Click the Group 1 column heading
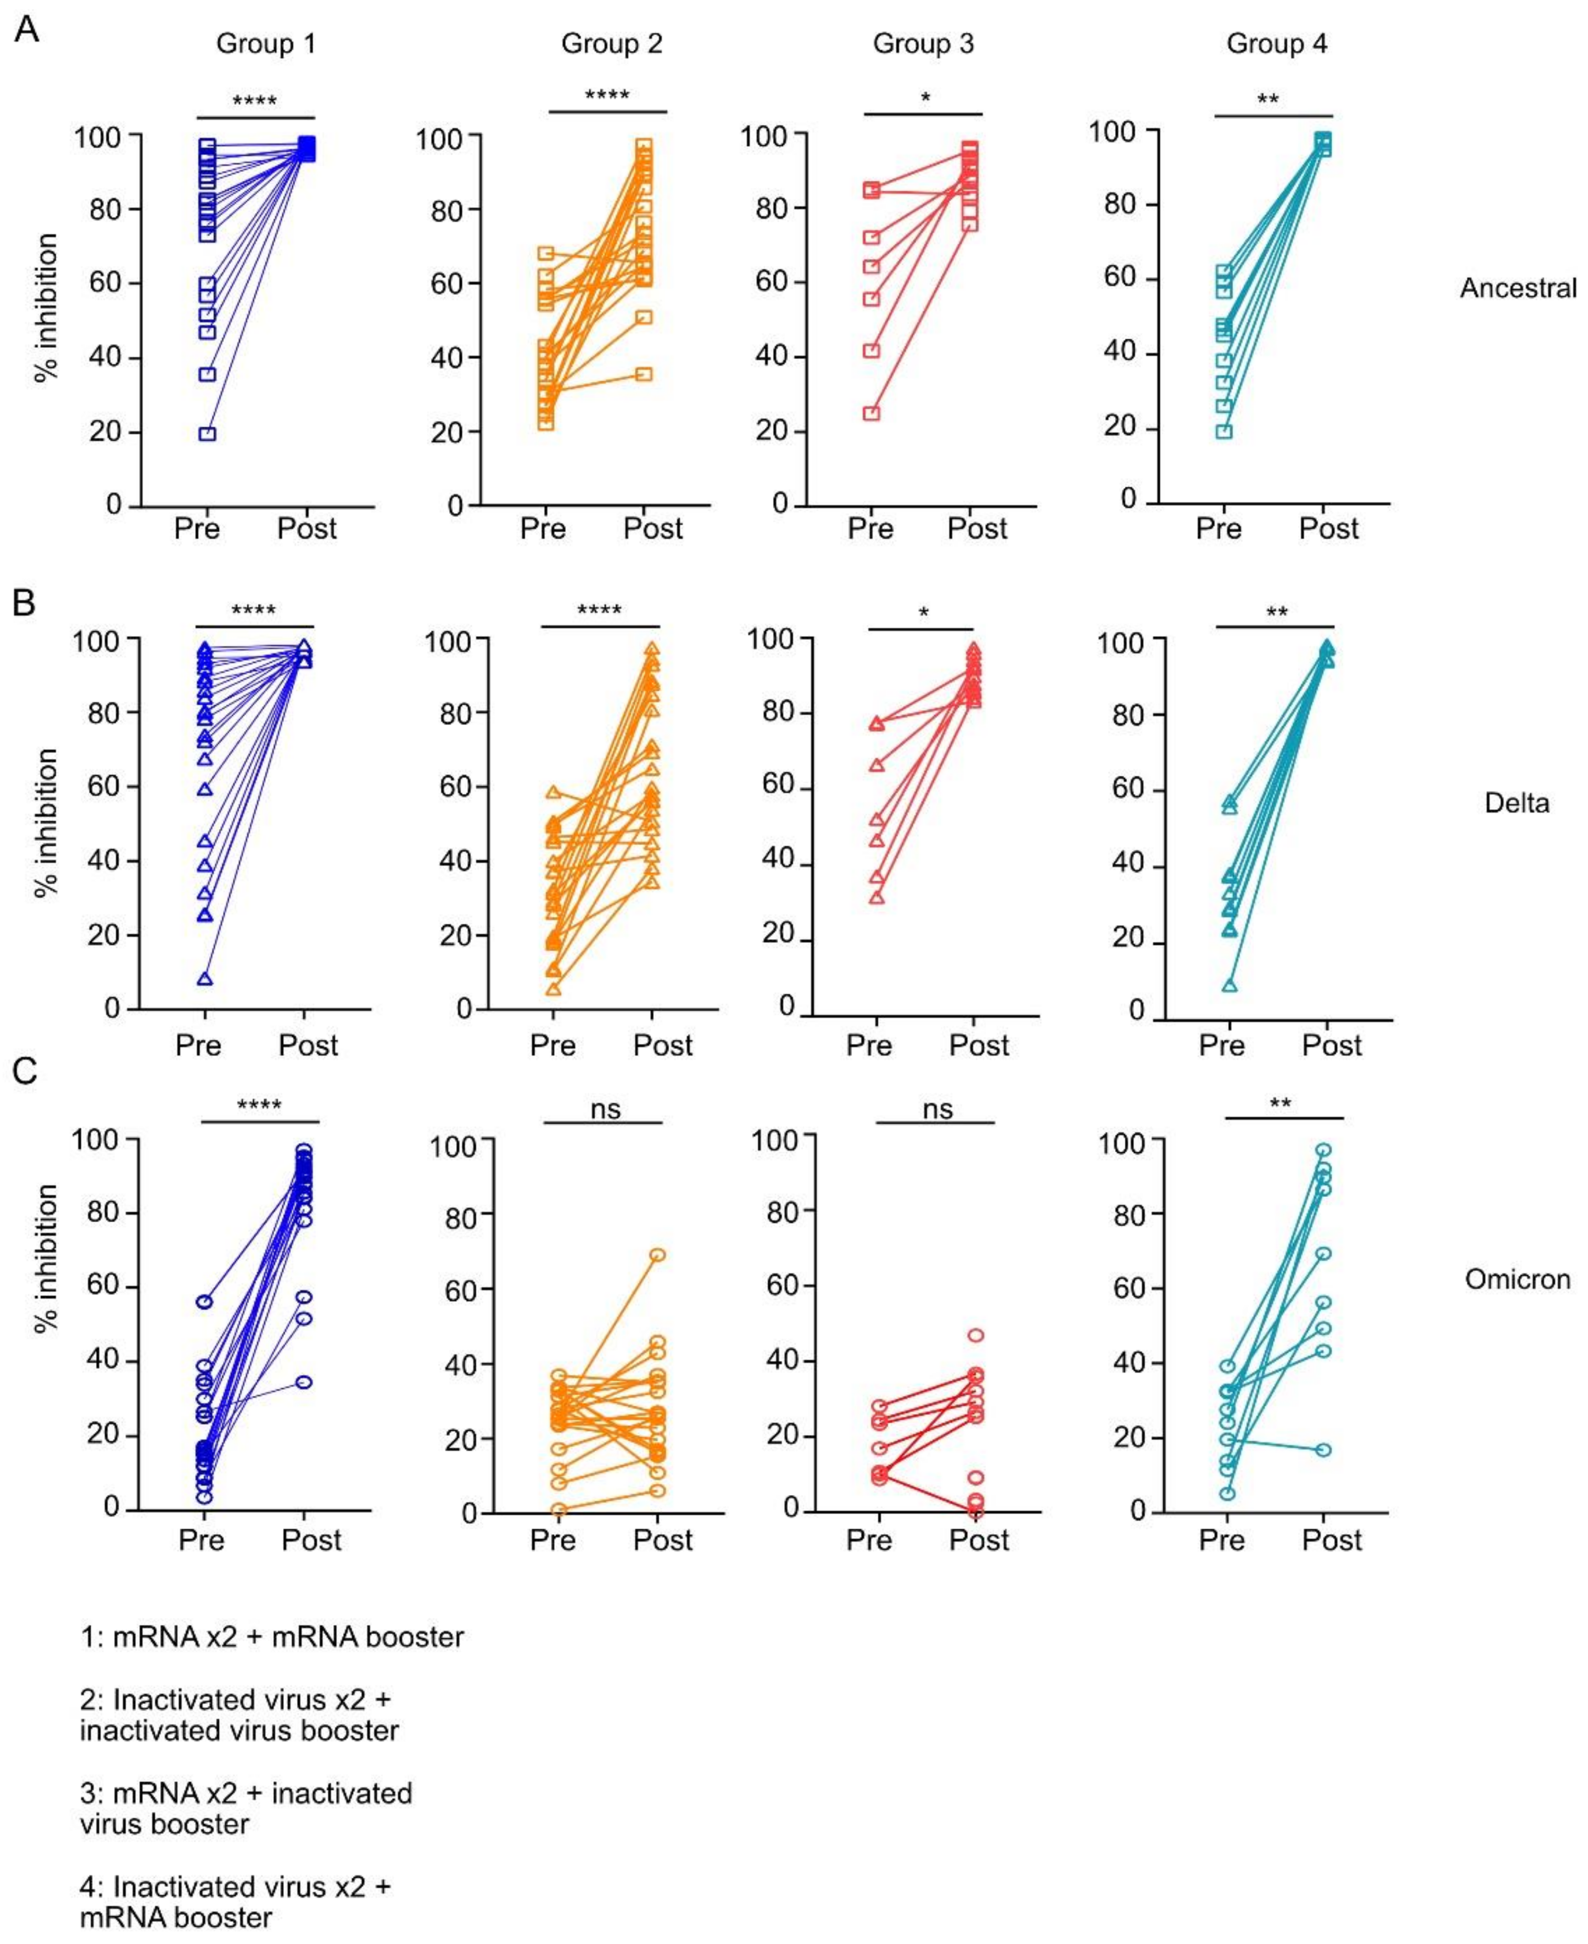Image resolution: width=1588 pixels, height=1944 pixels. coord(266,44)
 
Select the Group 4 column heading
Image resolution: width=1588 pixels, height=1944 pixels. coord(1276,44)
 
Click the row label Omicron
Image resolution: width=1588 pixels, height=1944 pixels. coord(1518,1278)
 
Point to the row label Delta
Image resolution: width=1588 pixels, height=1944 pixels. coord(1517,802)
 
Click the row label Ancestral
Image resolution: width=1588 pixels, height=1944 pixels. coord(1518,288)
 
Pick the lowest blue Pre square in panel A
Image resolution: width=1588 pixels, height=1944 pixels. coord(207,434)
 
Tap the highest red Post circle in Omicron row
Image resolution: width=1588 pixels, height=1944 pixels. coord(976,1335)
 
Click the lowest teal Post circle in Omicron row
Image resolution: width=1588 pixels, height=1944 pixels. coord(1322,1450)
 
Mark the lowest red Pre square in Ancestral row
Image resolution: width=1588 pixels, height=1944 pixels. coord(872,414)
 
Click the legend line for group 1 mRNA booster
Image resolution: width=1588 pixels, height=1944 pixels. coord(272,1637)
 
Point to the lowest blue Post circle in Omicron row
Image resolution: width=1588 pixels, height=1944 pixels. coord(304,1381)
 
